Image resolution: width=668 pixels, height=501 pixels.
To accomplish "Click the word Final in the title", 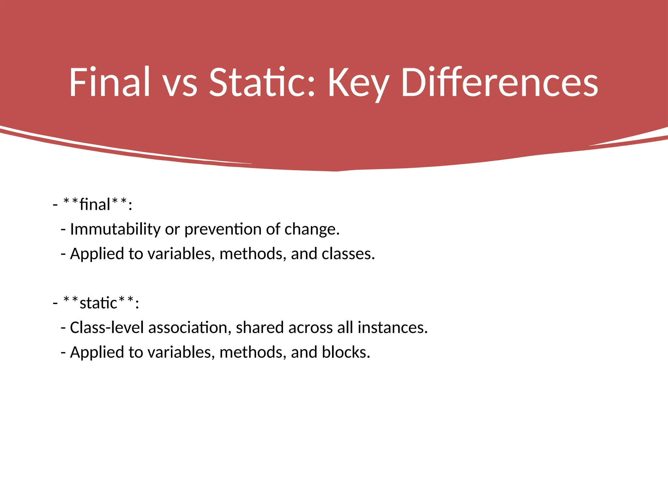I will [x=109, y=82].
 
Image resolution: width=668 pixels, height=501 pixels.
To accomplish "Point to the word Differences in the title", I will [x=499, y=82].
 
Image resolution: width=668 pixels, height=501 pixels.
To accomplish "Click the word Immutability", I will [x=115, y=229].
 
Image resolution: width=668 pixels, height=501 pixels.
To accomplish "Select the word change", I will [x=311, y=229].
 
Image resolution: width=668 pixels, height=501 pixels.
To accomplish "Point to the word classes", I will [x=348, y=254].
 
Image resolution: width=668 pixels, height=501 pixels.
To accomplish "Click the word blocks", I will [x=346, y=352].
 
